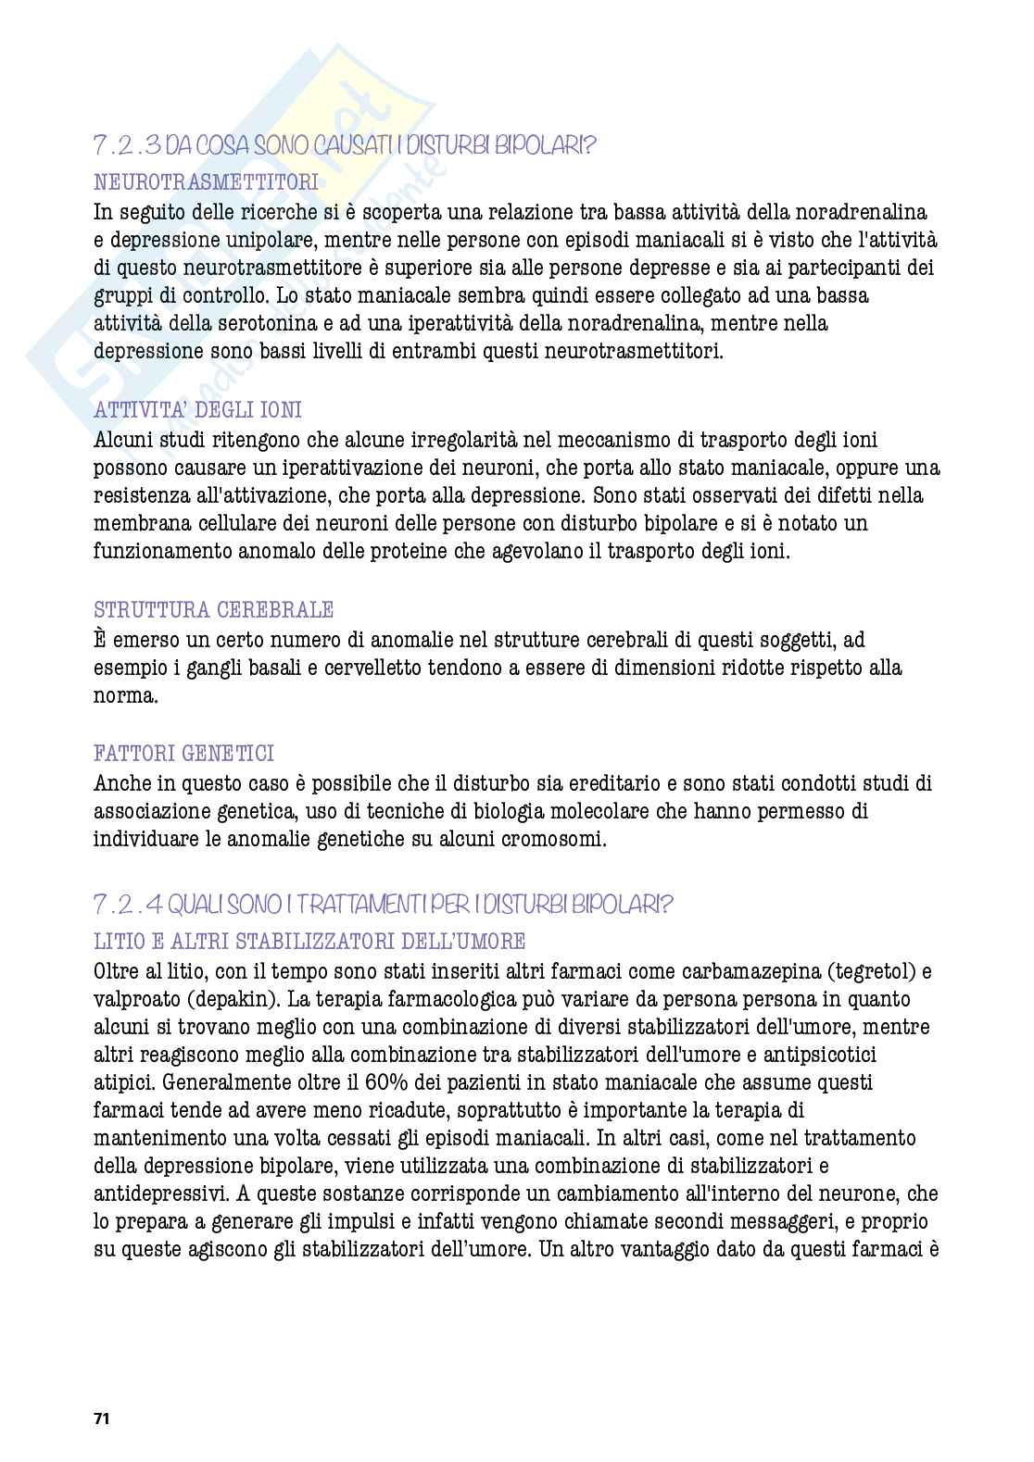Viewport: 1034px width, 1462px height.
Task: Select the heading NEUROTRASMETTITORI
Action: (206, 183)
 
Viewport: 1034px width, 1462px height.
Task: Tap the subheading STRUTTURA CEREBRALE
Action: (214, 610)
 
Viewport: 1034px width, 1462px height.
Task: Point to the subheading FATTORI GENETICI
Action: (184, 754)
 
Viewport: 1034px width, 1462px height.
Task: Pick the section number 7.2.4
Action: (128, 904)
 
